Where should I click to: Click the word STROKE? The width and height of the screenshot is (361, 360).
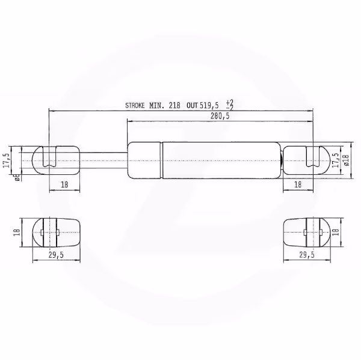pyautogui.click(x=135, y=106)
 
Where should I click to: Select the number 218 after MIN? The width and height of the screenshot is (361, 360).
pyautogui.click(x=174, y=106)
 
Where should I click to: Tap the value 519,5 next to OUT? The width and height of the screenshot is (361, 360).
pyautogui.click(x=209, y=106)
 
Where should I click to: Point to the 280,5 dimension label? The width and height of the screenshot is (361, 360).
pyautogui.click(x=220, y=116)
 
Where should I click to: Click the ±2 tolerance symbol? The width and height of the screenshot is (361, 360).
pyautogui.click(x=230, y=105)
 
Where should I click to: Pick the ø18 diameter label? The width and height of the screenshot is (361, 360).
pyautogui.click(x=347, y=160)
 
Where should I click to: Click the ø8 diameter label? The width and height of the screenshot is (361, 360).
pyautogui.click(x=17, y=177)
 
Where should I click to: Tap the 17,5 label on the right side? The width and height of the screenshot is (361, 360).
pyautogui.click(x=336, y=160)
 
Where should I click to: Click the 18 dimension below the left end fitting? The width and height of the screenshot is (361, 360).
pyautogui.click(x=64, y=185)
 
